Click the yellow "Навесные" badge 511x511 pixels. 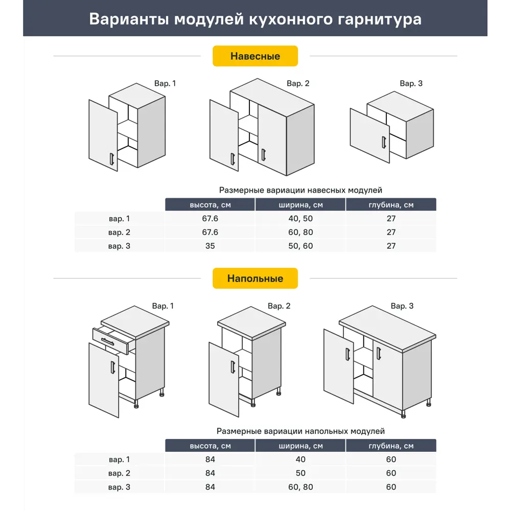[255, 56]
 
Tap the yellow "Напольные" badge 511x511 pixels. [255, 278]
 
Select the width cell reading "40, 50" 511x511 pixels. [300, 218]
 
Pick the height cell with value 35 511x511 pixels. [210, 246]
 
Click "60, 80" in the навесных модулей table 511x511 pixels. [300, 232]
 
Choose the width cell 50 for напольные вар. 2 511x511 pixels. [300, 473]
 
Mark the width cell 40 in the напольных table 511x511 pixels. [300, 459]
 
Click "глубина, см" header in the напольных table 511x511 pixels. [391, 446]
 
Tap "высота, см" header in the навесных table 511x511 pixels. [210, 205]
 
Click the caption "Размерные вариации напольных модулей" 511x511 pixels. [300, 431]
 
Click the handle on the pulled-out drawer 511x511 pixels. [108, 341]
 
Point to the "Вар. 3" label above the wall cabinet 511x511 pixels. [411, 83]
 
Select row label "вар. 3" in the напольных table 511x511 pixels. [120, 487]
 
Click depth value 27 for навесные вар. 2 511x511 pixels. [391, 232]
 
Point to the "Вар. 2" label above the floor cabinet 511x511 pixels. [279, 306]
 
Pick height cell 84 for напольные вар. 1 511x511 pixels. [210, 459]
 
